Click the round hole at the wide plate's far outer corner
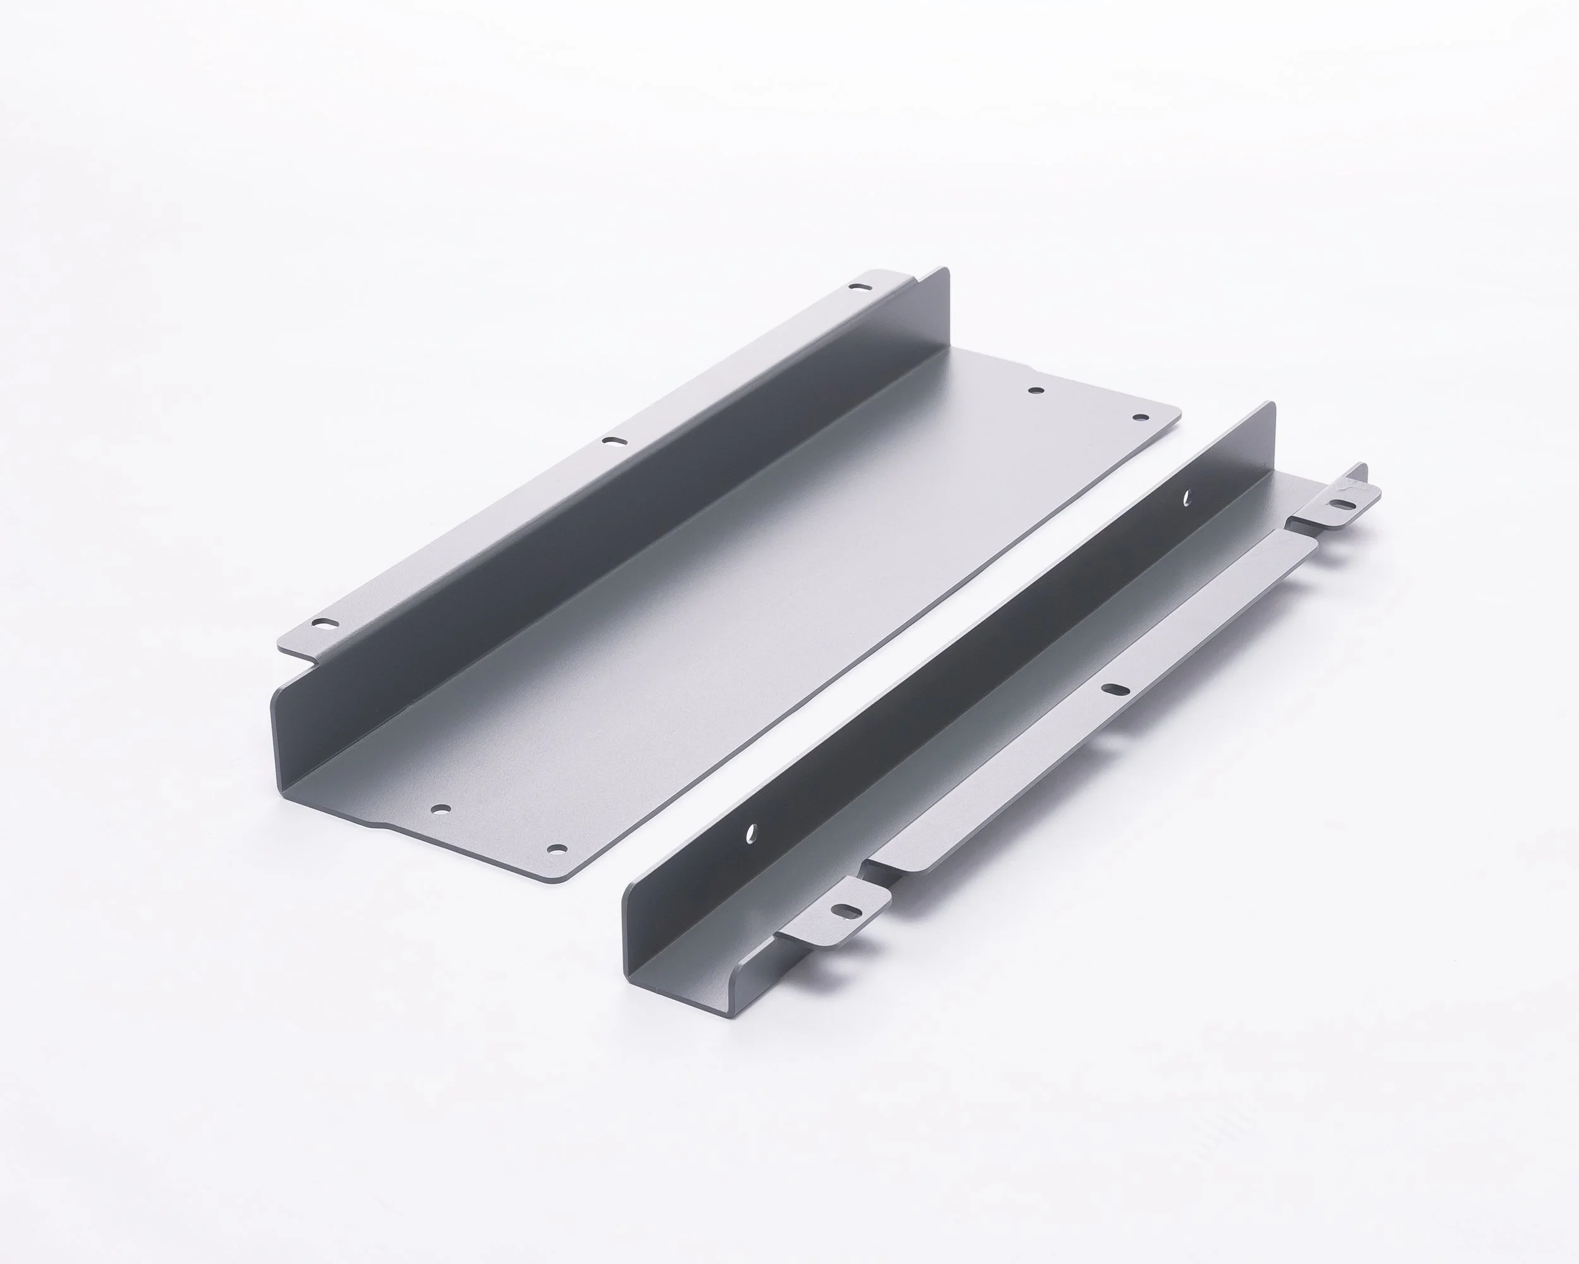pos(1140,417)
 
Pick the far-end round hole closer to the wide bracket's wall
pos(1036,391)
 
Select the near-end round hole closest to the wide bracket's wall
pos(441,810)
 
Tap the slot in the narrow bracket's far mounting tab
pos(1342,504)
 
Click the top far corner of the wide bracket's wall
pos(946,271)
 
